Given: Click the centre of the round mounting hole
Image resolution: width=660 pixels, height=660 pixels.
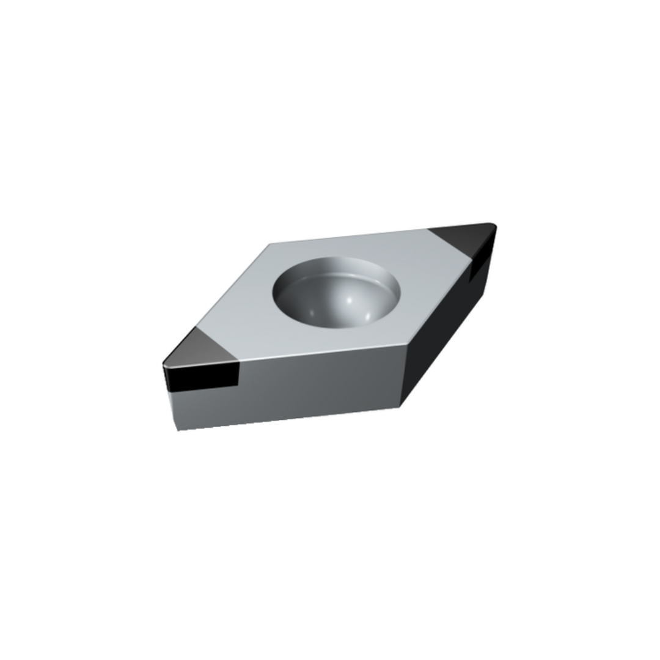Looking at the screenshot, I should click(336, 292).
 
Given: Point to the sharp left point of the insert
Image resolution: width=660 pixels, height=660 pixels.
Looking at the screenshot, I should click(163, 365).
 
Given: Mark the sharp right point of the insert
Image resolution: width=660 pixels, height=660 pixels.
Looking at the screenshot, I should click(495, 226).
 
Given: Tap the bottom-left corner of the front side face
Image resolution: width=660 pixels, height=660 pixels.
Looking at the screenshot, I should click(178, 430).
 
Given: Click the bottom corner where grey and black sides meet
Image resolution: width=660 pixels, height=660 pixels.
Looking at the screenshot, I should click(399, 406).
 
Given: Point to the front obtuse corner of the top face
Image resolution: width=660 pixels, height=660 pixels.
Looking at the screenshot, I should click(405, 345).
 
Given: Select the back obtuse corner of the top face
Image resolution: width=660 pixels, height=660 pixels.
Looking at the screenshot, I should click(270, 244).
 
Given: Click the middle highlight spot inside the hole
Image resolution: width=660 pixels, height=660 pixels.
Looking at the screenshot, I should click(350, 300).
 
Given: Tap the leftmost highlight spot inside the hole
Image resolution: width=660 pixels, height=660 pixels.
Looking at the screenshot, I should click(312, 313).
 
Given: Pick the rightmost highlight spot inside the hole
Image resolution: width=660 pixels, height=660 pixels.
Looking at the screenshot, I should click(369, 316).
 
